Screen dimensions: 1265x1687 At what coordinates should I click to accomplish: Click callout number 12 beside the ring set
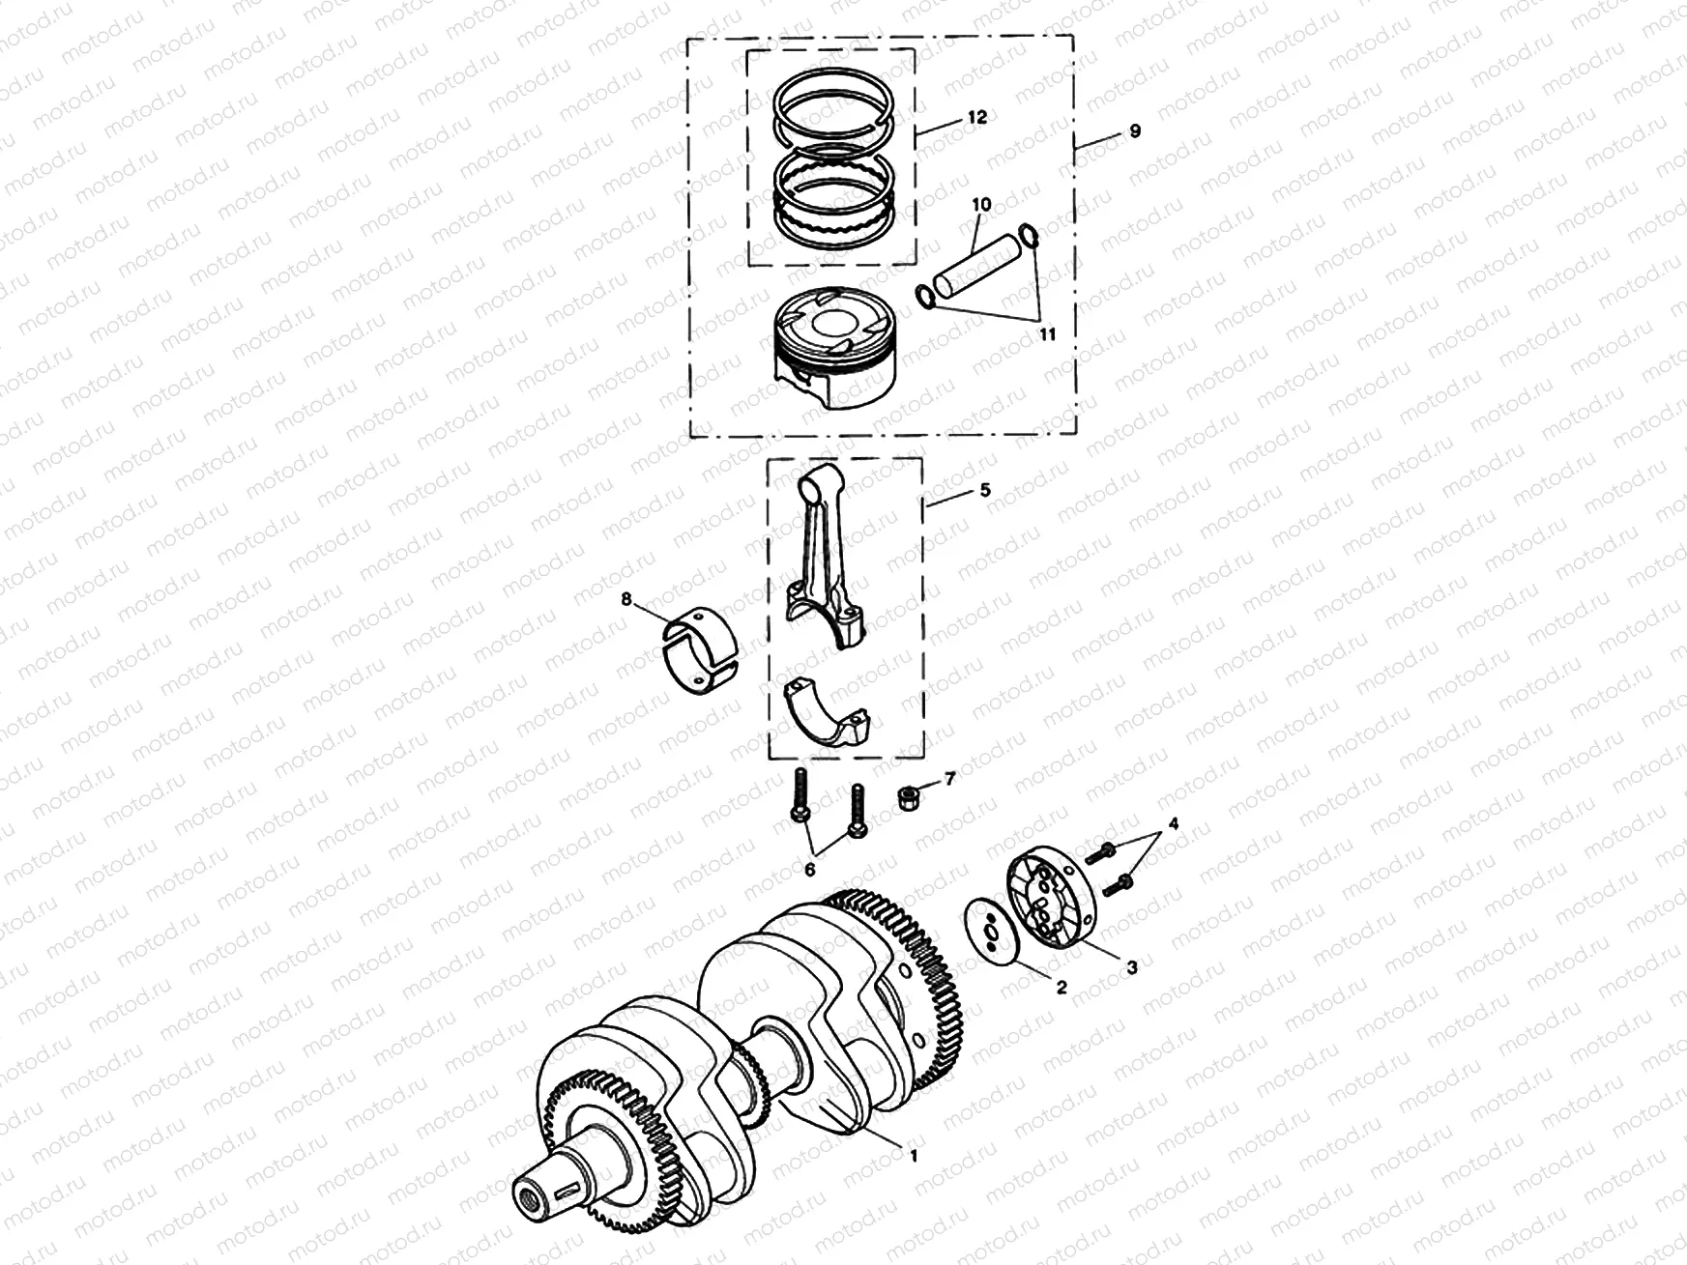pyautogui.click(x=976, y=117)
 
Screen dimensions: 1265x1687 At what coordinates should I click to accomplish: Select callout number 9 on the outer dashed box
pyautogui.click(x=1134, y=130)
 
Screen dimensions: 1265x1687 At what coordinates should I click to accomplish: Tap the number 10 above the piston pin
pyautogui.click(x=981, y=205)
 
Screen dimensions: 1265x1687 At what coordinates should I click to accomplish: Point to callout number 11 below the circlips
pyautogui.click(x=1047, y=333)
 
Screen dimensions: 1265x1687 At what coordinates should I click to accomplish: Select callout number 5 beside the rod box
pyautogui.click(x=984, y=490)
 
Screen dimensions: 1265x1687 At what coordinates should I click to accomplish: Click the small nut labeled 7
pyautogui.click(x=911, y=796)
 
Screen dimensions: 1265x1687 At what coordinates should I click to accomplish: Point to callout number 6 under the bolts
pyautogui.click(x=809, y=870)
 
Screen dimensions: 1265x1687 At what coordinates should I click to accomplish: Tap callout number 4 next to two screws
pyautogui.click(x=1173, y=824)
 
